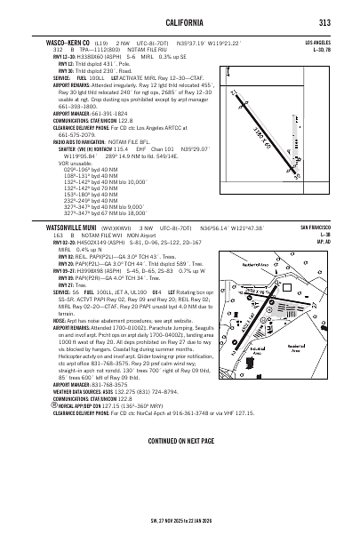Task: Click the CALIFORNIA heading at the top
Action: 180,23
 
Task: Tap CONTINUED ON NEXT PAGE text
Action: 180,491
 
